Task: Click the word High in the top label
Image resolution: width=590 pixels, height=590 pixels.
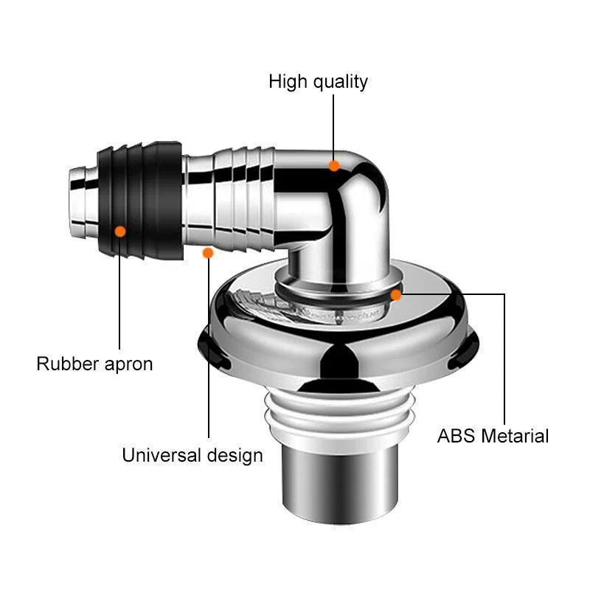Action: (288, 81)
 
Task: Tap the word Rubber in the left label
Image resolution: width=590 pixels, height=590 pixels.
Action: (68, 364)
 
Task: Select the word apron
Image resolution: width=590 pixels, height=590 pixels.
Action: (128, 365)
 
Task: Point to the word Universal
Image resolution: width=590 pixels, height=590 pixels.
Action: (162, 455)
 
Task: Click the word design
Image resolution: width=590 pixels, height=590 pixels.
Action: (235, 456)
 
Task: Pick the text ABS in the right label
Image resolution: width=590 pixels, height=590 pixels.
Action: (456, 436)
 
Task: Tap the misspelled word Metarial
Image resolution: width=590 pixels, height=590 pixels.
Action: (515, 436)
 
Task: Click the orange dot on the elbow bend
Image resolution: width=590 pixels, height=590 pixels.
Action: (334, 165)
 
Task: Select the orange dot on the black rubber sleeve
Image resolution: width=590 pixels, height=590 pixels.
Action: (120, 232)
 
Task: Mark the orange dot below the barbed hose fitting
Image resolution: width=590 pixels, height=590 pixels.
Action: (208, 253)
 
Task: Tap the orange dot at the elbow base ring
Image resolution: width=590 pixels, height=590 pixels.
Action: (395, 295)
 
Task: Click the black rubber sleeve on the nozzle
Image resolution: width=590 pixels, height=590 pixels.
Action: (140, 201)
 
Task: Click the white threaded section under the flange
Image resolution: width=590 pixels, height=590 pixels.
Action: (340, 417)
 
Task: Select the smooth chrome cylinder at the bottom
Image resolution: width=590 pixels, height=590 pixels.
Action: (340, 485)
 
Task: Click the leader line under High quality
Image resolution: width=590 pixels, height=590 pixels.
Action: (333, 127)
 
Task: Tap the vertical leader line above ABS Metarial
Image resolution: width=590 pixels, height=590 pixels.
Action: (504, 359)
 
